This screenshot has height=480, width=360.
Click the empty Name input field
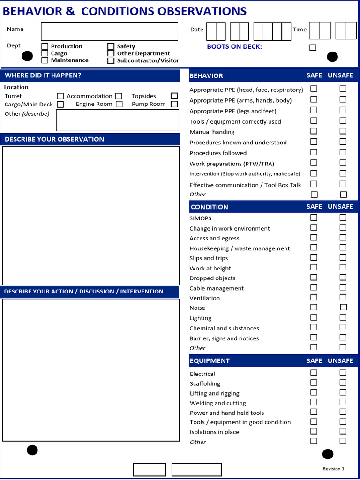pos(109,31)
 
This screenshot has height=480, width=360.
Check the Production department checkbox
pos(45,46)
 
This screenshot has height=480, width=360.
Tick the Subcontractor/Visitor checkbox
pos(111,60)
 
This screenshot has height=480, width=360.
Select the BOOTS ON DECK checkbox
pos(313,47)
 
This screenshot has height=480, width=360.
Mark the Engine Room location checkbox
pos(119,104)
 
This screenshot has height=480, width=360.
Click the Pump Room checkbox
pos(174,104)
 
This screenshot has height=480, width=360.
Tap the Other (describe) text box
pos(117,120)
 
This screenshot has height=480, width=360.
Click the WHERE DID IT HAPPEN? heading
pos(43,75)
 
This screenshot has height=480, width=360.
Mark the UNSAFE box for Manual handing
pos(343,131)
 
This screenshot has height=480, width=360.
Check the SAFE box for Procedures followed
pos(314,152)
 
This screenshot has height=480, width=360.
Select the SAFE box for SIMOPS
pos(314,217)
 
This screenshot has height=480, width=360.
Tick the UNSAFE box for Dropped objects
pos(343,277)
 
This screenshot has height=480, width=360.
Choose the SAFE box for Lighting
pos(314,317)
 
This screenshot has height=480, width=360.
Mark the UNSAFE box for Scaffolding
pos(343,383)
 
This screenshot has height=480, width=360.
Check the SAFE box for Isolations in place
pos(314,431)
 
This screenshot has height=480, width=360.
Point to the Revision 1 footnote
pos(333,469)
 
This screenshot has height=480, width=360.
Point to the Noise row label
pos(197,308)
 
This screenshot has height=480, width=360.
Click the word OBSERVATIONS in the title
pos(202,11)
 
